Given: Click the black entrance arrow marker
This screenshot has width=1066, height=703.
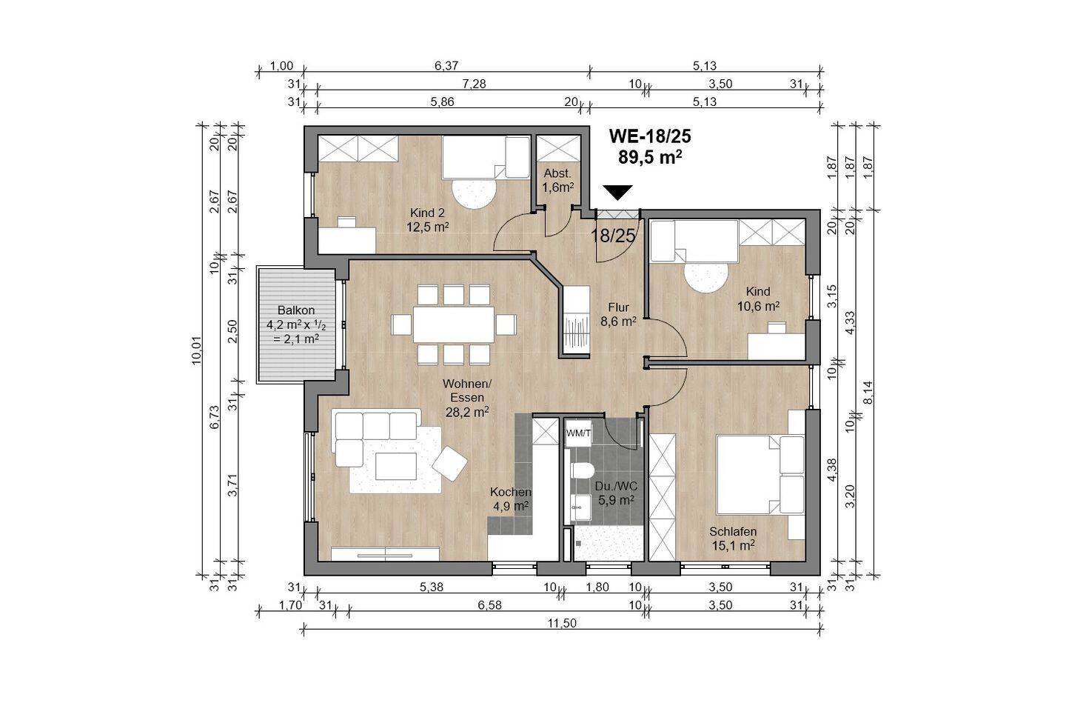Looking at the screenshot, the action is pyautogui.click(x=617, y=192).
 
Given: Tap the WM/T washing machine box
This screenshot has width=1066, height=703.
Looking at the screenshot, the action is pyautogui.click(x=578, y=433).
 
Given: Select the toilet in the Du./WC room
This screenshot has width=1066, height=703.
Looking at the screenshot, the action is pyautogui.click(x=582, y=470).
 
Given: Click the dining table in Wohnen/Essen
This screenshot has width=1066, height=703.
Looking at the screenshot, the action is pyautogui.click(x=454, y=324).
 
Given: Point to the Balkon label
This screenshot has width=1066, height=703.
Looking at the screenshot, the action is pyautogui.click(x=296, y=310).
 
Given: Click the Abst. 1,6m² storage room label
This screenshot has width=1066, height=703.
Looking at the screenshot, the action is pyautogui.click(x=557, y=180).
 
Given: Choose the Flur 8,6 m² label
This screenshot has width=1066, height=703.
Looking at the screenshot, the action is pyautogui.click(x=618, y=314).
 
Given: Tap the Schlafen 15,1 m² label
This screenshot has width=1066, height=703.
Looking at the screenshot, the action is pyautogui.click(x=733, y=538).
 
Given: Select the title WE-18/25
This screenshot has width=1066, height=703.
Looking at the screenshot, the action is pyautogui.click(x=650, y=136).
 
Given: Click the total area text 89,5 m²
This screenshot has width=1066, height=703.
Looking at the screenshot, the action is pyautogui.click(x=651, y=157).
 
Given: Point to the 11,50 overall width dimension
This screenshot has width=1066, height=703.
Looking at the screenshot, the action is pyautogui.click(x=562, y=623).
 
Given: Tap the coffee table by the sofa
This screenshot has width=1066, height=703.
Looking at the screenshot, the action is pyautogui.click(x=396, y=466).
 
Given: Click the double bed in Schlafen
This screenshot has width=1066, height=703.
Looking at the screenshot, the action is pyautogui.click(x=760, y=474).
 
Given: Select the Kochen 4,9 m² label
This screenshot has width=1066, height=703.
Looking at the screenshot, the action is pyautogui.click(x=511, y=499).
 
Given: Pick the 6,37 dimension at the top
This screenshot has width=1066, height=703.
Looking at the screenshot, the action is pyautogui.click(x=446, y=66).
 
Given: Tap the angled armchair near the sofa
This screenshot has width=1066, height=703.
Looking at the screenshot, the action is pyautogui.click(x=450, y=464).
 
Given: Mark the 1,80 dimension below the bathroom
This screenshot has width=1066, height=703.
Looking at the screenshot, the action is pyautogui.click(x=597, y=587).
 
